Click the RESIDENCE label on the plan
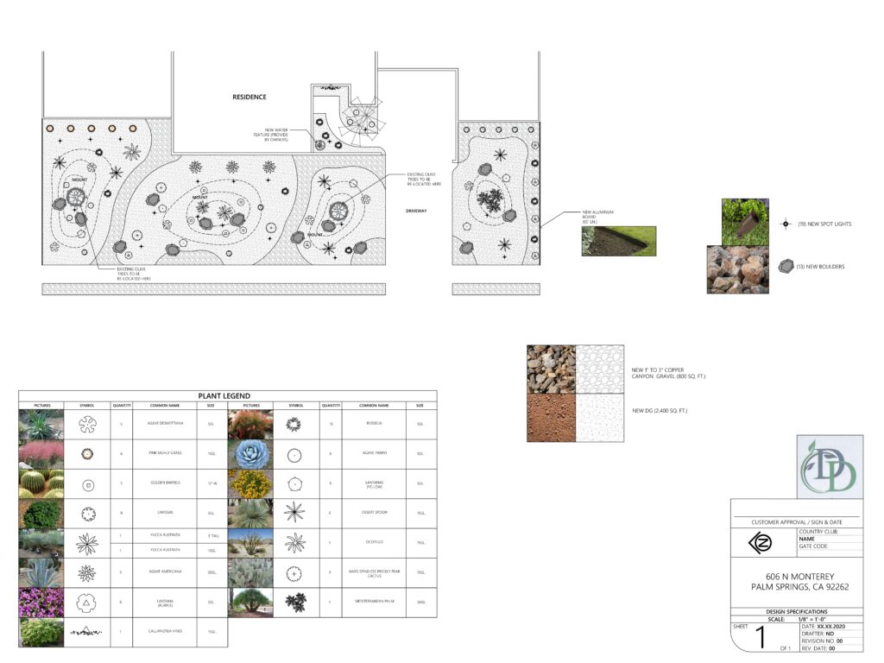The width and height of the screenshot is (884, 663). click(x=249, y=98)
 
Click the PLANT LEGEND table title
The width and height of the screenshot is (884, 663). click(x=227, y=396)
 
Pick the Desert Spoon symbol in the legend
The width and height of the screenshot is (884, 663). click(x=295, y=513)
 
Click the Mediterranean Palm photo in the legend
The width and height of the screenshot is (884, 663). click(x=250, y=602)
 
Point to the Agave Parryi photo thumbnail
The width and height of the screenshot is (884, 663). click(x=250, y=453)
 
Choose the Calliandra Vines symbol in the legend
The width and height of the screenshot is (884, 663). click(x=87, y=632)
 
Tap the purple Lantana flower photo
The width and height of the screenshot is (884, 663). click(x=41, y=603)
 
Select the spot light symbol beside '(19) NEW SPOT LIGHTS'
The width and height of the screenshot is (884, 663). click(x=786, y=224)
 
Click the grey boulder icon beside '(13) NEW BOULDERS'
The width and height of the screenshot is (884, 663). click(x=785, y=267)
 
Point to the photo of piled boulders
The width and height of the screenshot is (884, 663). click(x=737, y=270)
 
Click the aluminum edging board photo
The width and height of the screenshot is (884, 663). click(x=618, y=241)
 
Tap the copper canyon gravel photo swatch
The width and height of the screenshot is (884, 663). click(x=551, y=369)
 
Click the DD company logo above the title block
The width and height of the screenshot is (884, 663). click(x=828, y=467)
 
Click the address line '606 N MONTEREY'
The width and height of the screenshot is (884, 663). click(x=795, y=576)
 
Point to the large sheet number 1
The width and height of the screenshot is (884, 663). click(x=761, y=639)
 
